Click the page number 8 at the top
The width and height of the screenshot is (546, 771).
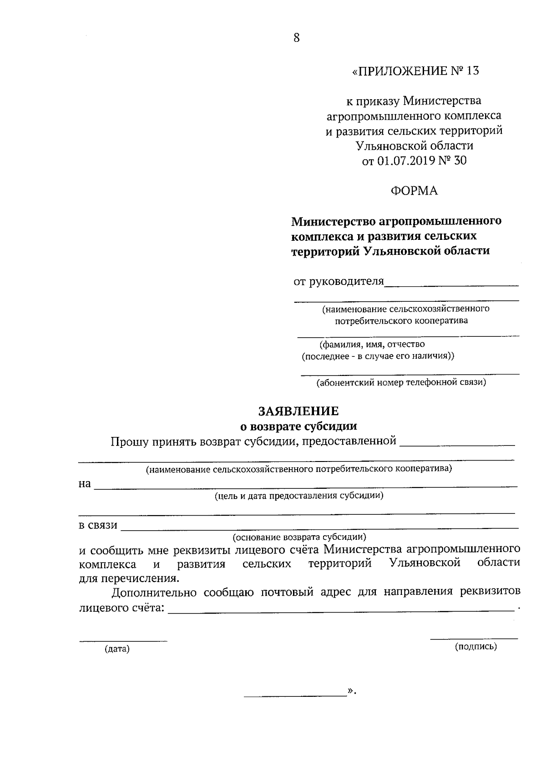click(x=297, y=38)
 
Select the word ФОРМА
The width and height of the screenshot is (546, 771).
click(x=414, y=191)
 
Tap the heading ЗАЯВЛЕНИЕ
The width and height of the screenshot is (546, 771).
click(x=298, y=411)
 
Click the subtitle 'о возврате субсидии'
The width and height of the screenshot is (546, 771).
click(x=298, y=426)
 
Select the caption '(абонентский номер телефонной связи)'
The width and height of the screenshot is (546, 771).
click(x=402, y=382)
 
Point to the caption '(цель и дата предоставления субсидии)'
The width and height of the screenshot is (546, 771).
click(x=299, y=496)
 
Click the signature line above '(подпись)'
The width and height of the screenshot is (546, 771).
click(x=474, y=639)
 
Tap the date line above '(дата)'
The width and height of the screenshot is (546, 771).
click(x=123, y=641)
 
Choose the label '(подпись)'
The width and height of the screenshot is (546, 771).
click(x=476, y=646)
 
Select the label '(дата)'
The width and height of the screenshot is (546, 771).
click(x=117, y=649)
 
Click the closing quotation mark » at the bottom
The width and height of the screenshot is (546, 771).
click(x=350, y=691)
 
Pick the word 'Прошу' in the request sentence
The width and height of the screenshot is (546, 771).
click(x=130, y=441)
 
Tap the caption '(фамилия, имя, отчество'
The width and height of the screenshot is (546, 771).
click(x=372, y=344)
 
